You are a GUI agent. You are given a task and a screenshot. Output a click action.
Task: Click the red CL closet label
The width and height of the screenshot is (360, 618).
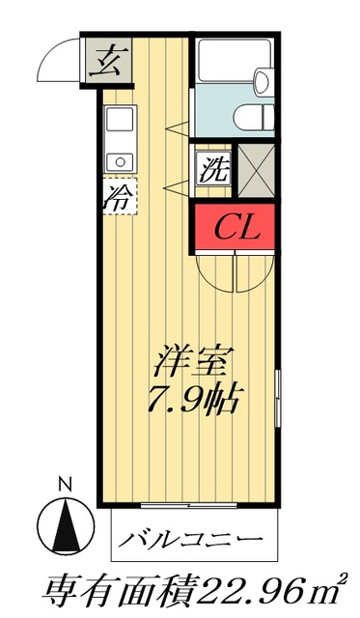[x=235, y=228]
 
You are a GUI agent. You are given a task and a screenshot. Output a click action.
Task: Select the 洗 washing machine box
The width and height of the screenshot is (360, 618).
[x=212, y=172]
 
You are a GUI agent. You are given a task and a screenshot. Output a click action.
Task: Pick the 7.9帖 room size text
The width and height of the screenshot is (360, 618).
[x=197, y=397]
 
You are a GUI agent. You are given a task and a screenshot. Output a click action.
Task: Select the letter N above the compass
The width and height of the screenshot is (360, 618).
[x=65, y=484]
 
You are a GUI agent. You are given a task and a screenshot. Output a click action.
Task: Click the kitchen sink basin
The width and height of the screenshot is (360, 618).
[x=119, y=123]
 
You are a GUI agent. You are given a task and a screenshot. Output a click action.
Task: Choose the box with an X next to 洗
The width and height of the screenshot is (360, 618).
[x=256, y=172]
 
